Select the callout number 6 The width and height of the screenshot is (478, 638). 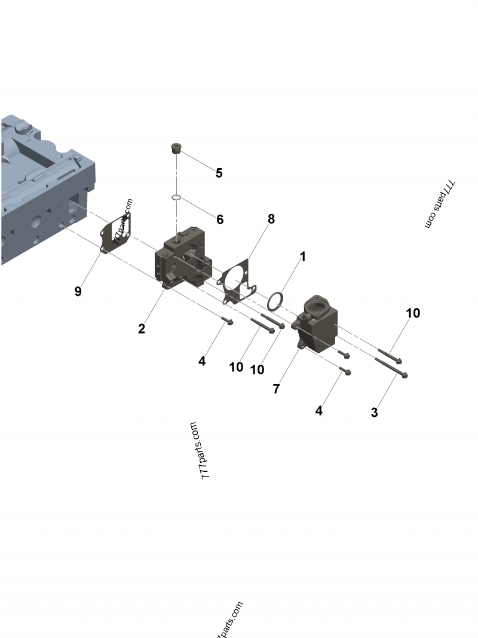(220, 219)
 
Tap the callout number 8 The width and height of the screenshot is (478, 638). (271, 219)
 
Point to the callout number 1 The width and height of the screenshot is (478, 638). (302, 257)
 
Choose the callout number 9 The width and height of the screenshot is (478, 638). (78, 291)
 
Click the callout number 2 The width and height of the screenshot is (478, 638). (142, 328)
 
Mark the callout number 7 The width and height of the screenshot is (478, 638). (276, 388)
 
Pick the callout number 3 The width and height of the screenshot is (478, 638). (375, 412)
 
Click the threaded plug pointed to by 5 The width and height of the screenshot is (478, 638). (176, 148)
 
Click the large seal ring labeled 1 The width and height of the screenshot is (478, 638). (275, 301)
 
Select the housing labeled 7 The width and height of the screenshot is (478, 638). (317, 326)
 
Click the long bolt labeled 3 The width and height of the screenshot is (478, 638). (391, 367)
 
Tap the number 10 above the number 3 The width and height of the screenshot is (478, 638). (413, 313)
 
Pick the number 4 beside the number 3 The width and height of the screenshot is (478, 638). (318, 411)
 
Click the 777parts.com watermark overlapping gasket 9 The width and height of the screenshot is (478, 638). (122, 219)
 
